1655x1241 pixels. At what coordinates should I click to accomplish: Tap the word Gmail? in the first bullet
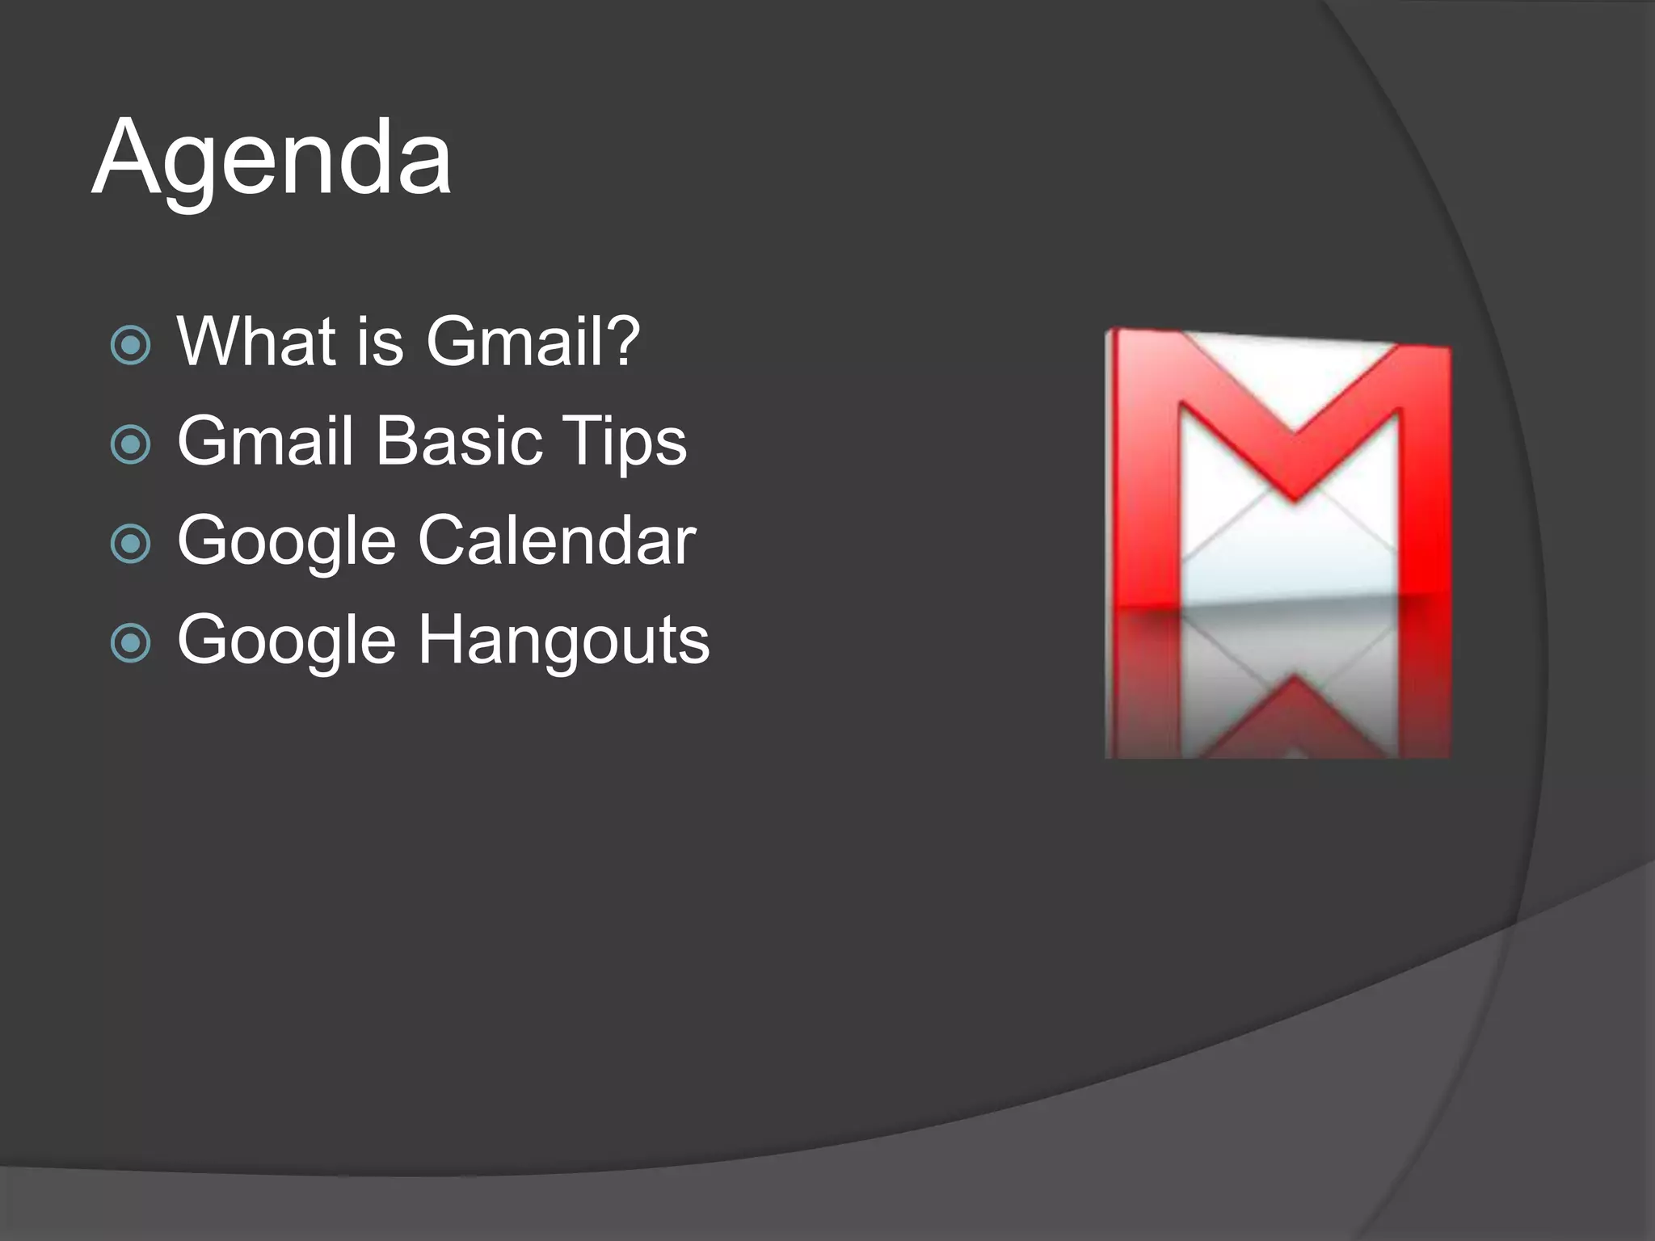pyautogui.click(x=533, y=342)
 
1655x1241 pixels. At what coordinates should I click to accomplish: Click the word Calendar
pyautogui.click(x=557, y=541)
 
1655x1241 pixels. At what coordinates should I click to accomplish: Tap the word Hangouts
pyautogui.click(x=563, y=640)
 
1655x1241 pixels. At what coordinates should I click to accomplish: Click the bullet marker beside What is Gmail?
pyautogui.click(x=130, y=346)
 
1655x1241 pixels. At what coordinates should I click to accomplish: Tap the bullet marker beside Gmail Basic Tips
pyautogui.click(x=130, y=445)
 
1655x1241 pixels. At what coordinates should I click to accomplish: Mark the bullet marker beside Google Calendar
pyautogui.click(x=130, y=545)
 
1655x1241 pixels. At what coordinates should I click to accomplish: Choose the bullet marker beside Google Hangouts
pyautogui.click(x=130, y=644)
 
